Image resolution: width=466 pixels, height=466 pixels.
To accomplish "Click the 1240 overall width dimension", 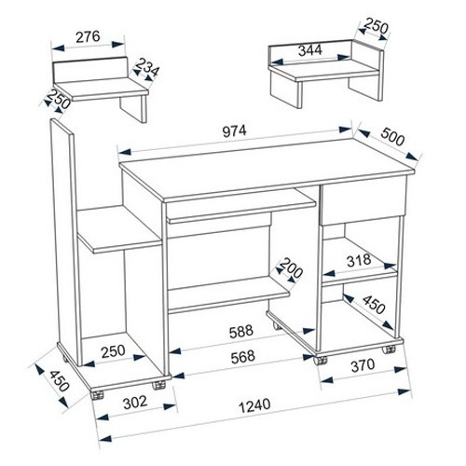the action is pyautogui.click(x=254, y=405).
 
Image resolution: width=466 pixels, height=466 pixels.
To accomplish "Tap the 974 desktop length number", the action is pyautogui.click(x=235, y=131).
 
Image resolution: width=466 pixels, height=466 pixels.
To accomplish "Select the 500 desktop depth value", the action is pyautogui.click(x=392, y=136).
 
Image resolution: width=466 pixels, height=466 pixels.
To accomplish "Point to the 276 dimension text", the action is pyautogui.click(x=89, y=36).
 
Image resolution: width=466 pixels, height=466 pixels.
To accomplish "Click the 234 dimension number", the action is pyautogui.click(x=146, y=67).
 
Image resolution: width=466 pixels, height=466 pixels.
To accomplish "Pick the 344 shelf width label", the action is pyautogui.click(x=310, y=50).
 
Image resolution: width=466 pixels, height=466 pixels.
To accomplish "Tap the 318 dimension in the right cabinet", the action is pyautogui.click(x=359, y=260).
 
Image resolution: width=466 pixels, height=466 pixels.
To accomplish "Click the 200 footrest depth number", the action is pyautogui.click(x=291, y=268).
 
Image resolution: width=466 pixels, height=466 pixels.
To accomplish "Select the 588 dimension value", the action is pyautogui.click(x=241, y=332).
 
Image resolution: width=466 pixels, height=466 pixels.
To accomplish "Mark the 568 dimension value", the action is pyautogui.click(x=243, y=357).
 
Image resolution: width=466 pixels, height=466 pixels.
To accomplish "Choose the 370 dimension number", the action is pyautogui.click(x=363, y=365).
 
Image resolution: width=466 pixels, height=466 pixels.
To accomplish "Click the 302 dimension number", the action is pyautogui.click(x=135, y=403).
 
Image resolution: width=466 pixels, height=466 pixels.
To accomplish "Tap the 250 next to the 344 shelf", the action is pyautogui.click(x=377, y=26).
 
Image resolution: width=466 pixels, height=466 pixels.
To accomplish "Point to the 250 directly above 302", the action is pyautogui.click(x=113, y=351).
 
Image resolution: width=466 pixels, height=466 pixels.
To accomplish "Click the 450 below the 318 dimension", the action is pyautogui.click(x=375, y=305).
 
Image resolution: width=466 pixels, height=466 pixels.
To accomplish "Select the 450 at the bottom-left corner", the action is pyautogui.click(x=59, y=381).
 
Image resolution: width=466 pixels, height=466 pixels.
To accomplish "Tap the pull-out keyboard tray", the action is pyautogui.click(x=241, y=210).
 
